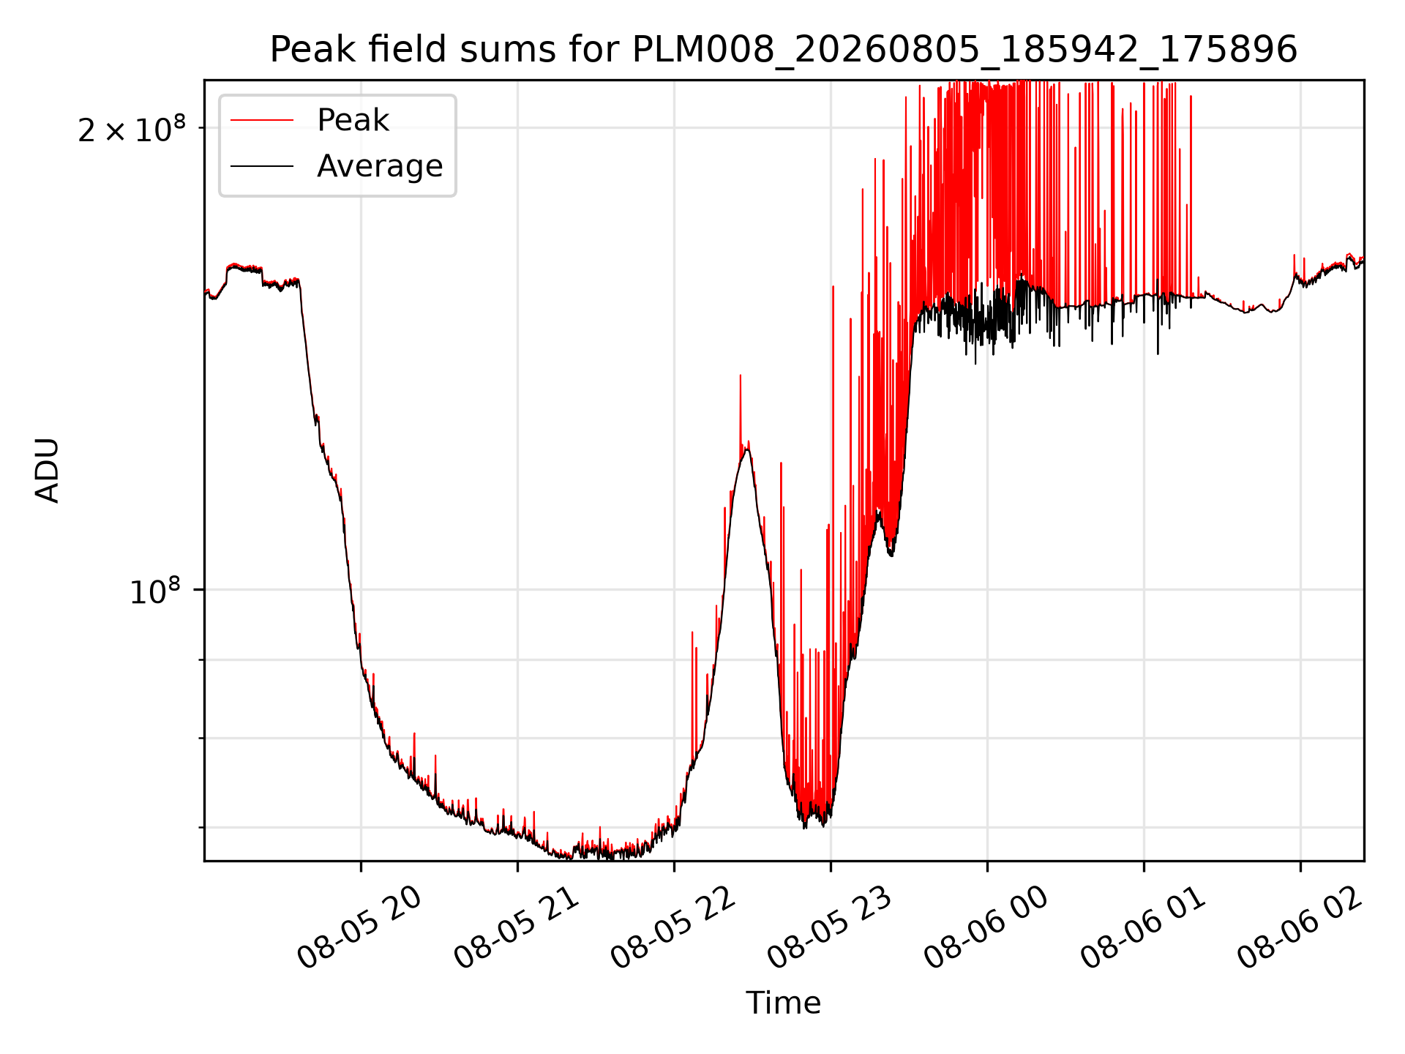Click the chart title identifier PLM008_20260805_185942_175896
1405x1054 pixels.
964,51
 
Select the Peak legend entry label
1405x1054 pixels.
353,120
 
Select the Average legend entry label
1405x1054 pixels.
380,166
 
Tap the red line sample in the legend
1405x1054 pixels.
262,120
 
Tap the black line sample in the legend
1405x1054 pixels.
262,166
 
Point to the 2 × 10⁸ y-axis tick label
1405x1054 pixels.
132,129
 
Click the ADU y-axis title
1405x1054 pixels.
48,471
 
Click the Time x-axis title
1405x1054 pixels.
783,1003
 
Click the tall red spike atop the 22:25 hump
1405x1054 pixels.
741,410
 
